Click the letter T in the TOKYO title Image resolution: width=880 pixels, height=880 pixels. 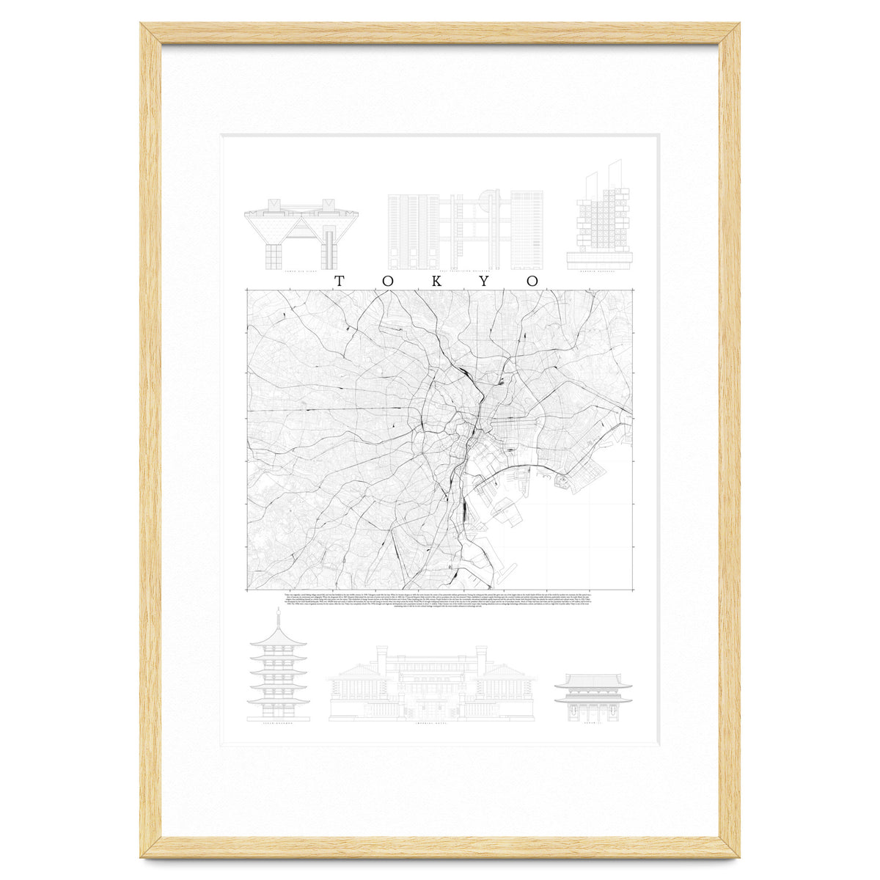click(340, 281)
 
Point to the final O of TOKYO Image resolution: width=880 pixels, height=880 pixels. click(532, 281)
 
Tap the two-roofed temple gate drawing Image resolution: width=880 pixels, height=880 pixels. click(593, 697)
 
